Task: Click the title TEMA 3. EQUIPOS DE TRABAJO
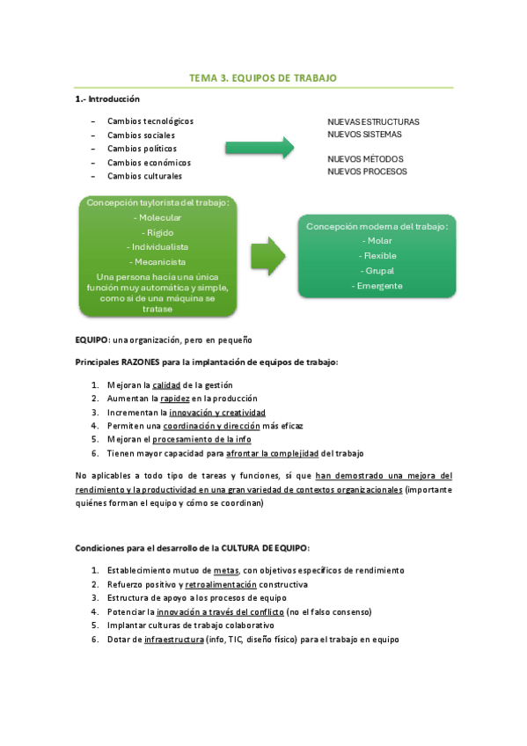click(263, 78)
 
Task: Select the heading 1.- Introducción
click(106, 99)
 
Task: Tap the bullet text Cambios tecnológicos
click(150, 121)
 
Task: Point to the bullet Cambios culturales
click(144, 176)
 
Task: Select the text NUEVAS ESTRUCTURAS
click(373, 121)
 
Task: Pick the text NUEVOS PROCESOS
click(367, 172)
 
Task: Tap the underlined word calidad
click(166, 385)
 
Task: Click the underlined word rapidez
click(175, 399)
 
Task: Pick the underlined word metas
click(225, 570)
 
